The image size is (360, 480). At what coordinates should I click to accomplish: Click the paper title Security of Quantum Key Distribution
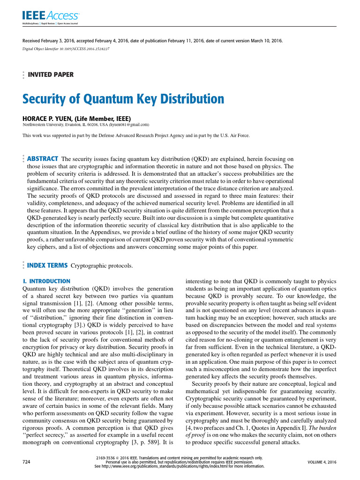tap(123, 99)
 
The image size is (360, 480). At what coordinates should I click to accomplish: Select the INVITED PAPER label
tap(51, 74)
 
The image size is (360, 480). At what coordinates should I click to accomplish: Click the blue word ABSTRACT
tap(43, 158)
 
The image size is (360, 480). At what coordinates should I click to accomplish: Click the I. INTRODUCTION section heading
tap(46, 281)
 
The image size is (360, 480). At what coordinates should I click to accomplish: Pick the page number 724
tap(26, 462)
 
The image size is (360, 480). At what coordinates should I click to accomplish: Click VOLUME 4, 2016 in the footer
tap(322, 462)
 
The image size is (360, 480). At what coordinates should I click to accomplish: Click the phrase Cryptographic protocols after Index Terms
tap(101, 266)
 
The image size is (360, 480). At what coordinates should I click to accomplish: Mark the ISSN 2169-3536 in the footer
tap(105, 457)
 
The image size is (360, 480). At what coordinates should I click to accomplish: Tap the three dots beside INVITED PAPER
tap(23, 75)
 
